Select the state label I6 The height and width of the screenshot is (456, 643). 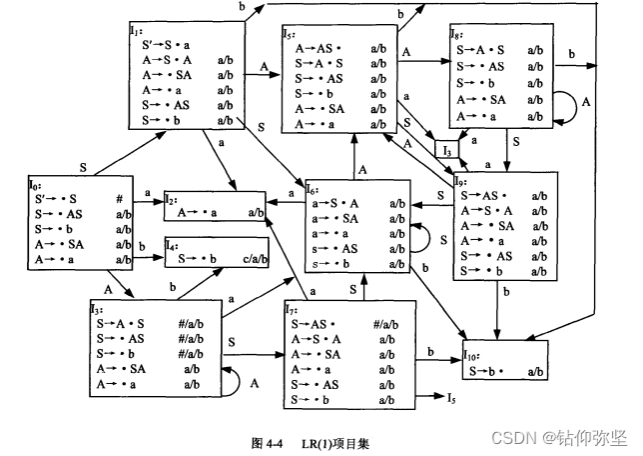point(312,189)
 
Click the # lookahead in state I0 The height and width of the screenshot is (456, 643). point(119,198)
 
